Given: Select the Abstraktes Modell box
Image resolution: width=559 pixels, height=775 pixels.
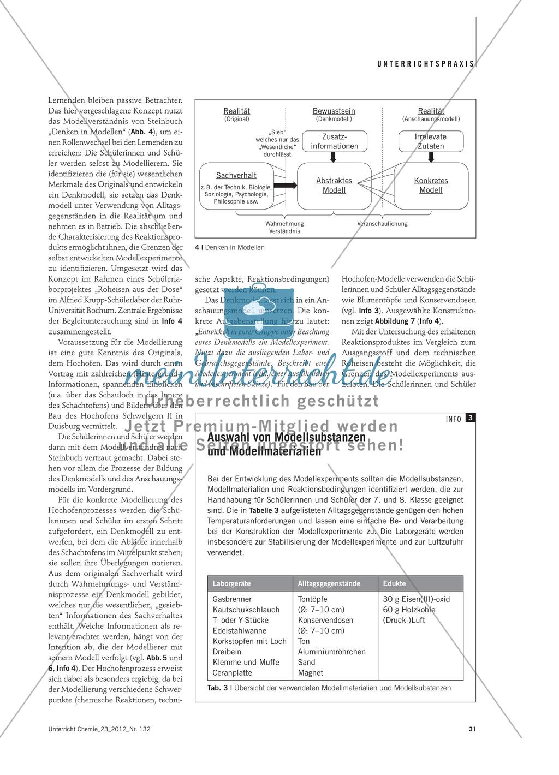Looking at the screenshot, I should [x=334, y=186].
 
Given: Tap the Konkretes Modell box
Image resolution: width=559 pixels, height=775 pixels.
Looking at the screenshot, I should [x=431, y=186].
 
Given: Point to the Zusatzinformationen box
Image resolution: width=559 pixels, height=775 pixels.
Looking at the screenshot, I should [x=334, y=141].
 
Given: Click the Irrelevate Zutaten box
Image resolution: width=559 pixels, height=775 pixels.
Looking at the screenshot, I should [x=431, y=141].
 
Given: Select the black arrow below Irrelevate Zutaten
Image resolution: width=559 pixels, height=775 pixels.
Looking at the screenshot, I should [x=431, y=157].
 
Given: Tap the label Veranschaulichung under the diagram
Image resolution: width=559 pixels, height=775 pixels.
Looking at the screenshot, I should [x=382, y=224].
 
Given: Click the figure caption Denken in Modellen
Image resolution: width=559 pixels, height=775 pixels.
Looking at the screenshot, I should [x=230, y=247].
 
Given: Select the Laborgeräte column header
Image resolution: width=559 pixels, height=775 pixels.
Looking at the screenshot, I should [x=232, y=583].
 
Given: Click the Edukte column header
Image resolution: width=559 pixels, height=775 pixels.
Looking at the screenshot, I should [x=395, y=583].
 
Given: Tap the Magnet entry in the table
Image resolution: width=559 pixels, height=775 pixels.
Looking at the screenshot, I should [x=311, y=673].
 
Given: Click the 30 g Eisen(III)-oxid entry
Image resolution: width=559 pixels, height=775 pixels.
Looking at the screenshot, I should [x=417, y=599].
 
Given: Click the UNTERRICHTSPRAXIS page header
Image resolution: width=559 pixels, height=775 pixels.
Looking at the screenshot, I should [x=426, y=63].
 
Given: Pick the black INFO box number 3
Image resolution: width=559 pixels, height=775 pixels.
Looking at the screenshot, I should [x=471, y=419].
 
